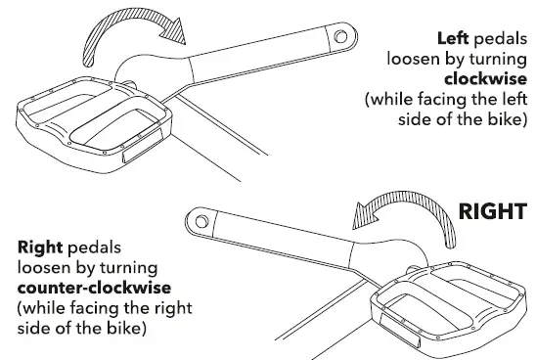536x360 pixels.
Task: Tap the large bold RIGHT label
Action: [x=493, y=211]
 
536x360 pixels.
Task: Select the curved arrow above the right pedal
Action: [x=402, y=214]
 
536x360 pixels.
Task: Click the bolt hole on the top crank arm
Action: [x=338, y=38]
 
